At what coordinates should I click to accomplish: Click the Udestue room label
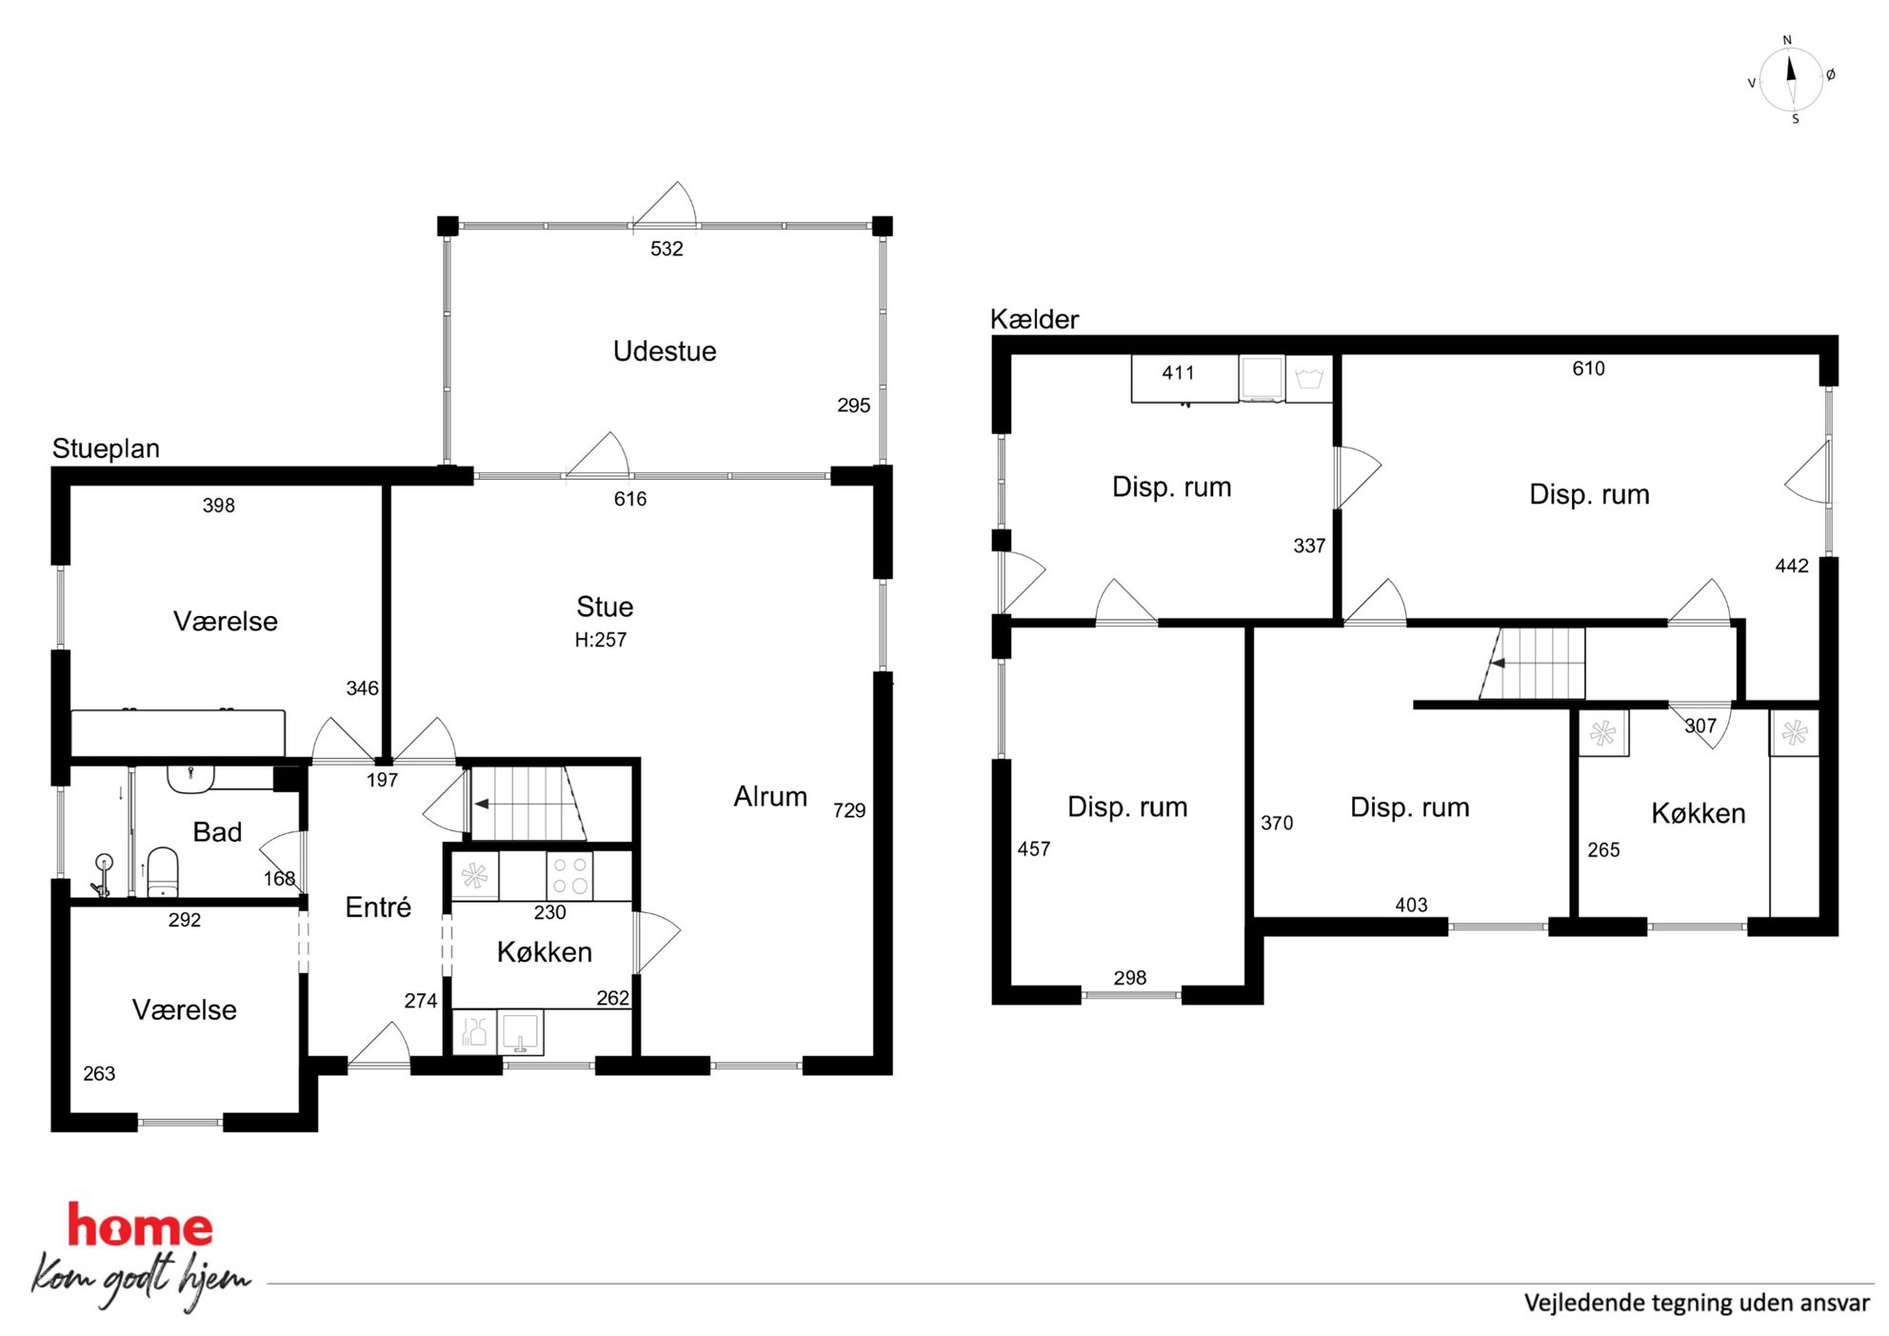tap(665, 351)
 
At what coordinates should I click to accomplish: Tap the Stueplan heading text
tap(106, 449)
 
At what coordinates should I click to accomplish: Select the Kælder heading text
tap(1034, 319)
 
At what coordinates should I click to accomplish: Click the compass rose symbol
tap(1791, 80)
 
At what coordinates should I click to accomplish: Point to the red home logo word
tap(140, 1226)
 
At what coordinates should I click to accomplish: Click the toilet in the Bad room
tap(163, 872)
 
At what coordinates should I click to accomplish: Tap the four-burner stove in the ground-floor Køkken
tap(569, 875)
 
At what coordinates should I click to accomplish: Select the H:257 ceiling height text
tap(601, 640)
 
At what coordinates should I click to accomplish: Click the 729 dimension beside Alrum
tap(849, 810)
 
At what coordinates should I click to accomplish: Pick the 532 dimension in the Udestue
tap(666, 249)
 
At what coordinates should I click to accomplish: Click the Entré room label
tap(378, 907)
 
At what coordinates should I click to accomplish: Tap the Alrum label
tap(770, 796)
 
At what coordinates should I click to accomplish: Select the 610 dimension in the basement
tap(1588, 369)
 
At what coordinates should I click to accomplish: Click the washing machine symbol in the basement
tap(1263, 378)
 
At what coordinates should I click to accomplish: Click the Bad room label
tap(217, 832)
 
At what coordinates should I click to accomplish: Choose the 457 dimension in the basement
tap(1034, 848)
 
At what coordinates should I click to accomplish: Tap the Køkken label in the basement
tap(1699, 813)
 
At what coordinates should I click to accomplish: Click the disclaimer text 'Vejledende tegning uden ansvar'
tap(1697, 1303)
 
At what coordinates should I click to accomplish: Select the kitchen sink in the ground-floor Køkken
tap(520, 1032)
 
